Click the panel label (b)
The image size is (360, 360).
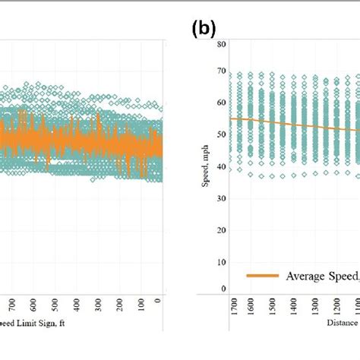[x=204, y=29]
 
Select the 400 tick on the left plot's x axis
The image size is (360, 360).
[x=74, y=304]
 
